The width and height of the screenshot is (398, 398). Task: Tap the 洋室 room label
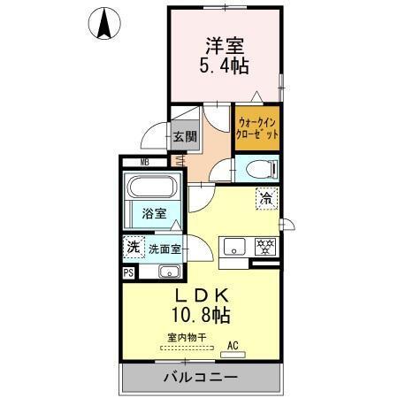(x=224, y=43)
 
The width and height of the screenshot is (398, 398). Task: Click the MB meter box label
(x=144, y=162)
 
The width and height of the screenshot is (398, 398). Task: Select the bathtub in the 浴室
(x=152, y=188)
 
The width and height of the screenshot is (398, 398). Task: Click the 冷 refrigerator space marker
(x=264, y=199)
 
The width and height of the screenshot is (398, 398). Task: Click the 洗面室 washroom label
(x=164, y=249)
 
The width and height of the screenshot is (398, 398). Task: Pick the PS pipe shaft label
(x=128, y=272)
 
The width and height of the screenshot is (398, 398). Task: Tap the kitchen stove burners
(x=264, y=245)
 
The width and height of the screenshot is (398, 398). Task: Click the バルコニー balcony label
(x=199, y=378)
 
